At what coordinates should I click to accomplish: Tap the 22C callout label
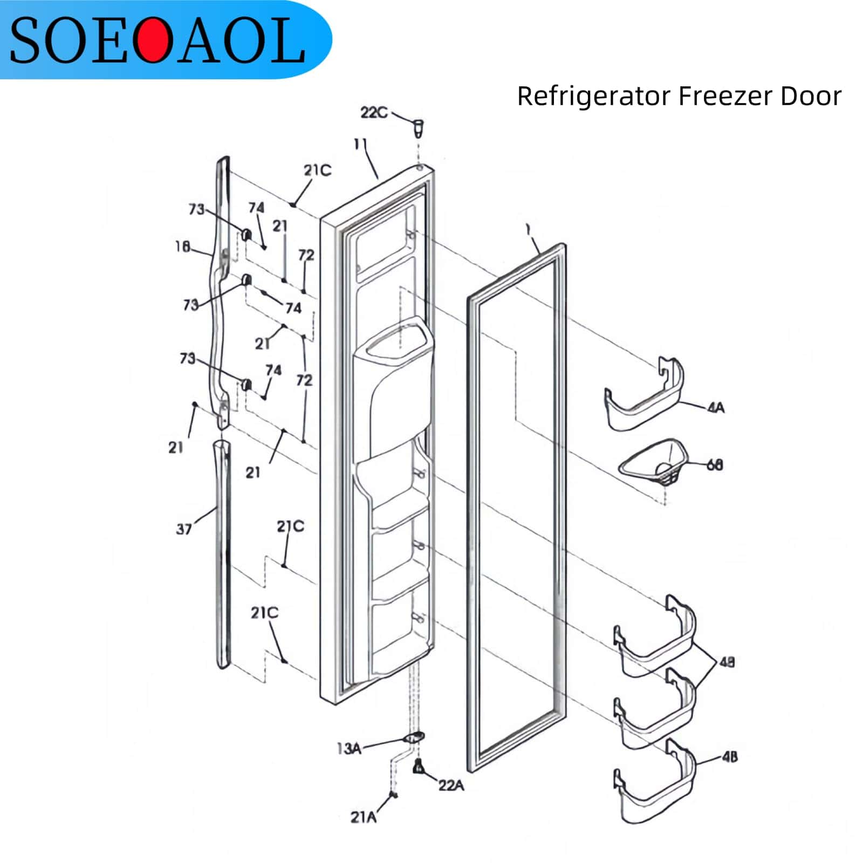pos(374,113)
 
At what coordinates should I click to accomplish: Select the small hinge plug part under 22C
pos(418,128)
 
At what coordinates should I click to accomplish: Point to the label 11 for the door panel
pos(360,144)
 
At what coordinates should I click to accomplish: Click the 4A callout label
pos(716,408)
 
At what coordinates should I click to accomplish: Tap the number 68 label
pos(715,464)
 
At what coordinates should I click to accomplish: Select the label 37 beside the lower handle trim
pos(184,529)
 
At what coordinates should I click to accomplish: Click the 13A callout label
pos(348,749)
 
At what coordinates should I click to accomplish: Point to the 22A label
pos(451,785)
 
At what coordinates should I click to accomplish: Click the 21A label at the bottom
pos(364,818)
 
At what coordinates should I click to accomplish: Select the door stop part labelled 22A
pos(417,766)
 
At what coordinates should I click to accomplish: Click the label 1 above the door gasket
pos(529,230)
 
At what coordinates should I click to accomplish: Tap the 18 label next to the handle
pos(182,246)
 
